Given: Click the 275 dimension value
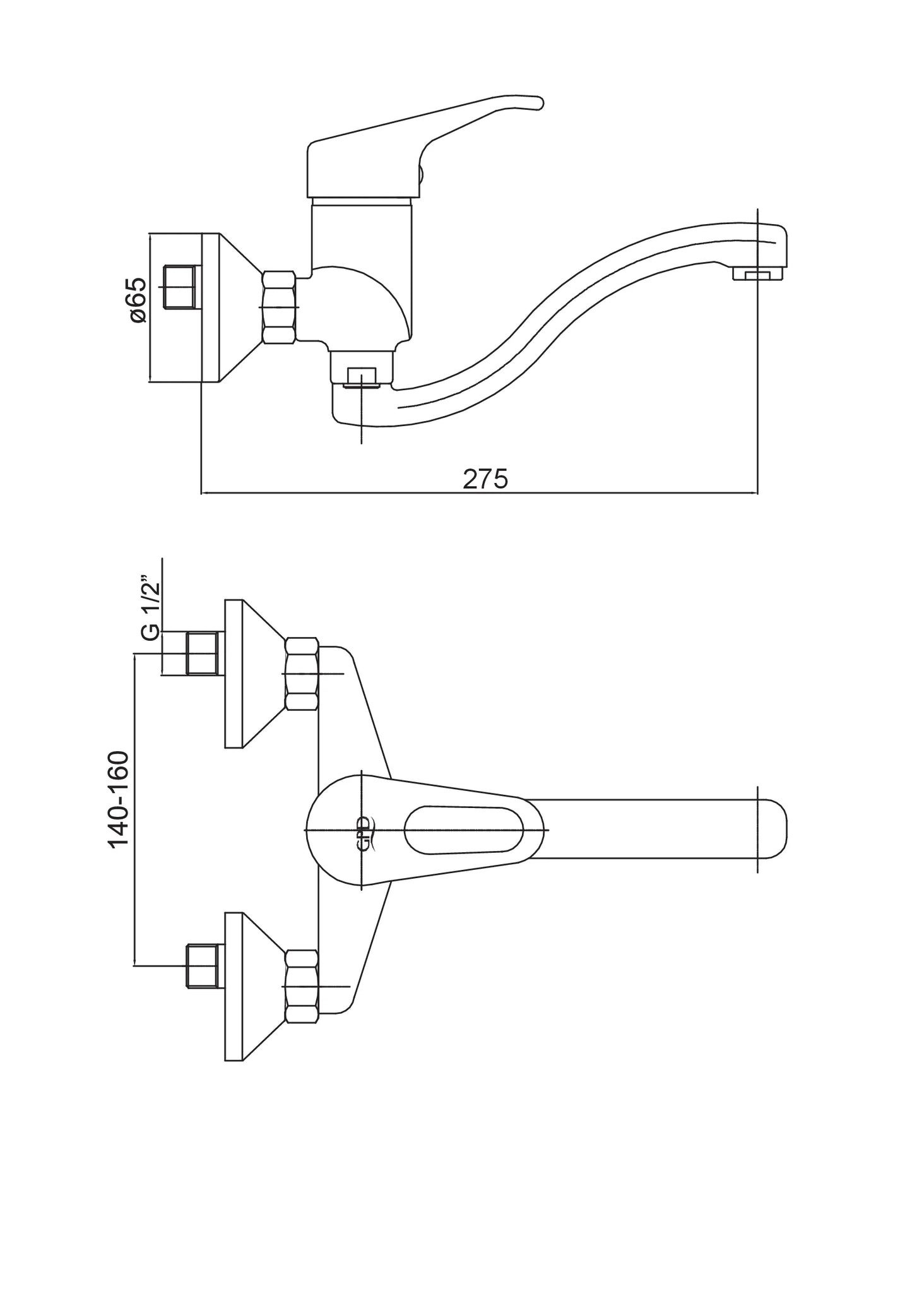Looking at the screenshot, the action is point(485,479).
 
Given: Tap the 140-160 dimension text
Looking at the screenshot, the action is point(119,799).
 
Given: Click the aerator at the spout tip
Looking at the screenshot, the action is point(757,275).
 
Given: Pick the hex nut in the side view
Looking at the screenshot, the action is point(279,307).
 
